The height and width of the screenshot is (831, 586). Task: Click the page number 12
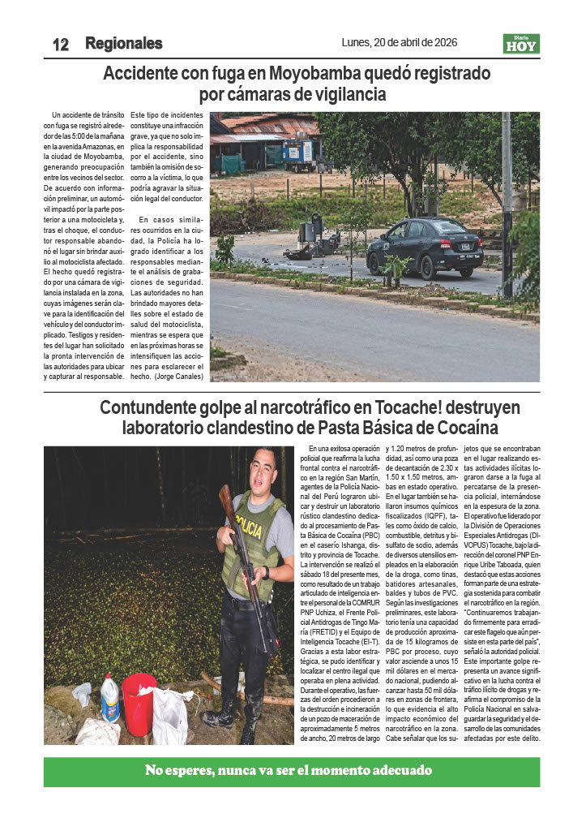(60, 45)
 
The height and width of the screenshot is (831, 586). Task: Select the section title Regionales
(123, 44)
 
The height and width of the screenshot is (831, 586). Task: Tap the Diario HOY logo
(520, 44)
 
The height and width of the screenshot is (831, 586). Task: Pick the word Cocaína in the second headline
(464, 427)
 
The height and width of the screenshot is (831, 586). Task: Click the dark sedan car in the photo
(423, 247)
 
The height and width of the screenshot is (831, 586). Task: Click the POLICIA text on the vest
(250, 530)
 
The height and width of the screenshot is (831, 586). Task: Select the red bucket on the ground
(139, 699)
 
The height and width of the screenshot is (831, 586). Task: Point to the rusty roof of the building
(267, 126)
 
